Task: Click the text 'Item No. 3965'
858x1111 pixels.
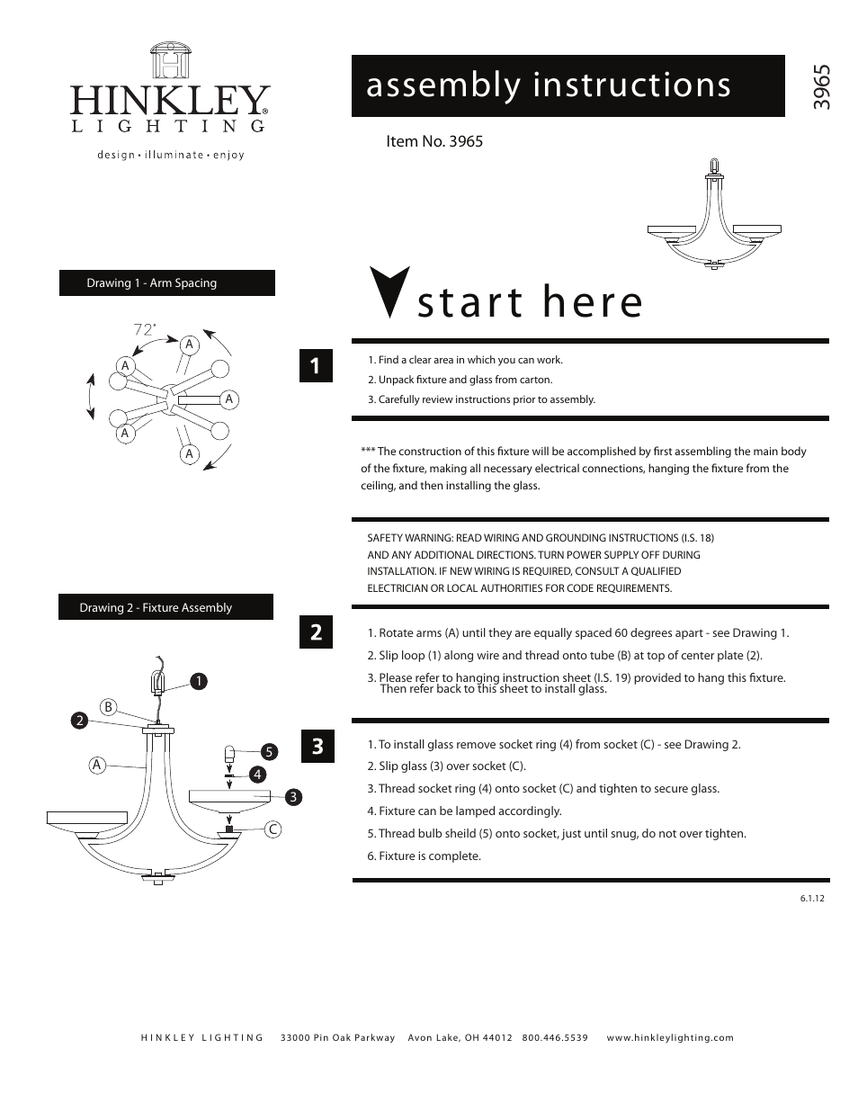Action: click(x=434, y=141)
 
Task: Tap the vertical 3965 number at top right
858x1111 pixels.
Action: click(x=821, y=87)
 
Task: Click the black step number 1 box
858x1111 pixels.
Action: click(x=315, y=365)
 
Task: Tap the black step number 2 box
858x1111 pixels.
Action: click(x=316, y=632)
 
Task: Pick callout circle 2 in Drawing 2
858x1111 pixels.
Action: click(x=80, y=720)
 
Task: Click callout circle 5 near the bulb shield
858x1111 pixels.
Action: click(x=268, y=751)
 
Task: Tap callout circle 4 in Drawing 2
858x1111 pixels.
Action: click(x=257, y=774)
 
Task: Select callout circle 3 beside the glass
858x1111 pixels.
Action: click(x=292, y=797)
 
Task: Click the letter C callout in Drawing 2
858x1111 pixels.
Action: click(x=272, y=829)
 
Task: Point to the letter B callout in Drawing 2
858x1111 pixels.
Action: click(x=108, y=707)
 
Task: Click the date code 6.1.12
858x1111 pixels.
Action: click(x=811, y=899)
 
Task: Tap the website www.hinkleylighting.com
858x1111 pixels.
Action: click(x=670, y=1037)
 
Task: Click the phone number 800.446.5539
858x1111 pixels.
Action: click(x=555, y=1037)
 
